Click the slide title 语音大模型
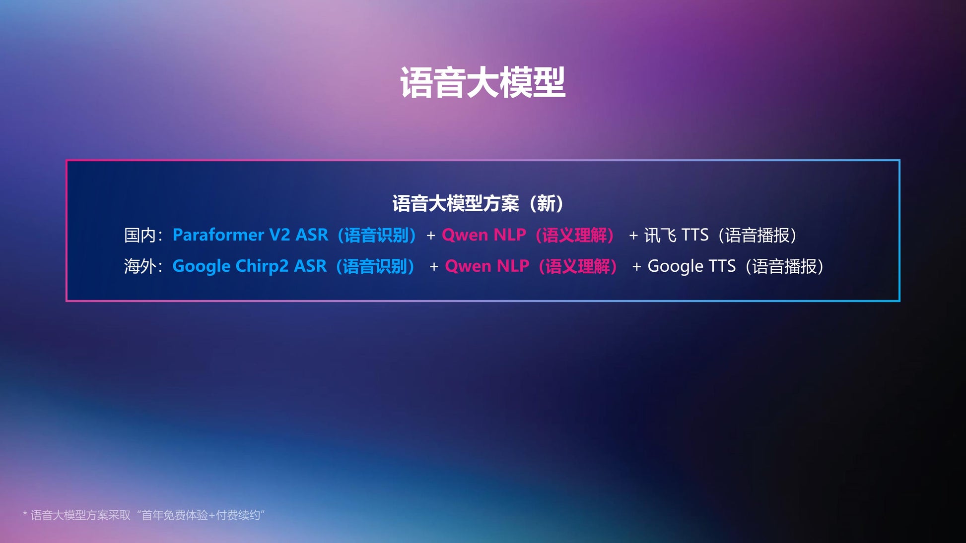coord(483,82)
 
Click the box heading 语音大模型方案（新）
coord(478,203)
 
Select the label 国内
coord(140,235)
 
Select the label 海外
coord(140,266)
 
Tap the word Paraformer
coord(218,235)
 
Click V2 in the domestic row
coord(279,235)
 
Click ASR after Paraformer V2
coord(312,235)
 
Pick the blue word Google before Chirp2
coord(202,267)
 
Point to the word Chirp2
coord(262,267)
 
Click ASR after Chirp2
coord(310,266)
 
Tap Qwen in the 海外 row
coord(468,266)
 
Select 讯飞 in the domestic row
coord(660,235)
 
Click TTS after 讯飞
coord(695,235)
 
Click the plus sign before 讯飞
coord(633,236)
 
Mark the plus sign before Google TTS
coord(636,267)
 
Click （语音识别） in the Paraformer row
coord(377,235)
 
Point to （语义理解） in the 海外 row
coord(578,266)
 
